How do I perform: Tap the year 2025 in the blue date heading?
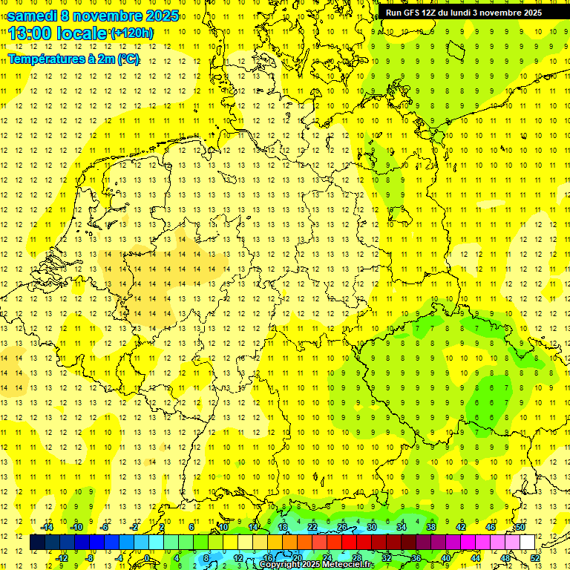159,16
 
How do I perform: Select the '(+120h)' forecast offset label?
132,33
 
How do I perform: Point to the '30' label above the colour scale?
371,527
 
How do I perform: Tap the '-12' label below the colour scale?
62,557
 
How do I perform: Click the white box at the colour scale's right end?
528,542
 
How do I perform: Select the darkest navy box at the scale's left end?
37,542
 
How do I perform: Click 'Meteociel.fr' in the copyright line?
350,565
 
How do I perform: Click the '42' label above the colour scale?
460,527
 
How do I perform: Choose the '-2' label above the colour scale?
135,527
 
